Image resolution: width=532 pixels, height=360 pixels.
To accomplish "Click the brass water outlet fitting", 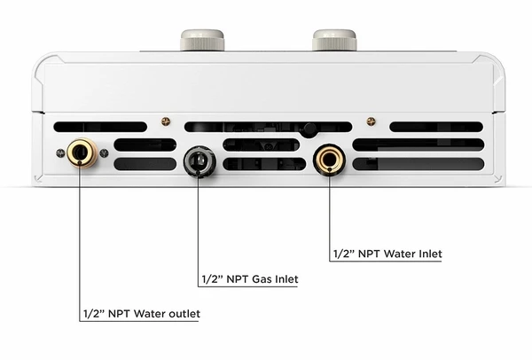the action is (x=82, y=153).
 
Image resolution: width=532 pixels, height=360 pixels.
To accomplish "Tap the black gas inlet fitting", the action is (x=199, y=161).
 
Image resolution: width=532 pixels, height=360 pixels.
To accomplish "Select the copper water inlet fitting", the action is (x=329, y=160).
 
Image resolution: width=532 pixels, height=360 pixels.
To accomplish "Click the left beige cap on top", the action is (x=202, y=40).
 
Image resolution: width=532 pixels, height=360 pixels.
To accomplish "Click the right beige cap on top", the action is (x=334, y=40).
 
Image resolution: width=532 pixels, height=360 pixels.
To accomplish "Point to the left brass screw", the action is (x=166, y=121).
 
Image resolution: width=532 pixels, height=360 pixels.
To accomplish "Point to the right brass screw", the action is (x=372, y=121).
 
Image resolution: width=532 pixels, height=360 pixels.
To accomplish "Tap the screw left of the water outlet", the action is (x=60, y=153).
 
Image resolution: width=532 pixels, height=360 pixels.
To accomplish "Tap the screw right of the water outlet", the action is (x=104, y=153).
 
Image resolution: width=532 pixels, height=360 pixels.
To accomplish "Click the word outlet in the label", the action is (x=184, y=314).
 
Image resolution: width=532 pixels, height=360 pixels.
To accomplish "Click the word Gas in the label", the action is (x=262, y=279).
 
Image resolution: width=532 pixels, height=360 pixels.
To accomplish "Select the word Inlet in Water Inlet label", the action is (x=430, y=254).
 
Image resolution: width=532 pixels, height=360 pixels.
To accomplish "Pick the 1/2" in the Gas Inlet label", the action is (x=213, y=279).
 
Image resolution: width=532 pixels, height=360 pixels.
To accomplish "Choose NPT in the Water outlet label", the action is (x=119, y=314).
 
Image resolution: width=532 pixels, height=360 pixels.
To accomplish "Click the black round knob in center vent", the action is (x=309, y=130).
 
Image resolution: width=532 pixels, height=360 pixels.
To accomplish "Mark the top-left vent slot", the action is (x=100, y=127).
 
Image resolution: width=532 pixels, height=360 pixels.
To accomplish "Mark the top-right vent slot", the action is (x=436, y=127).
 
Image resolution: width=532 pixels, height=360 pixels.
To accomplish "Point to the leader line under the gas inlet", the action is (x=198, y=232).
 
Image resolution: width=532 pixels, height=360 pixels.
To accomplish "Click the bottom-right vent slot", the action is (x=419, y=164).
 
